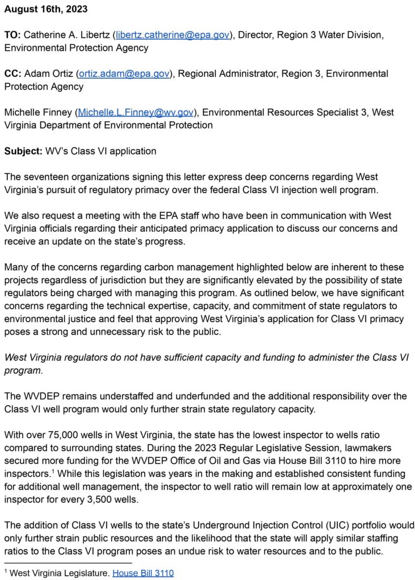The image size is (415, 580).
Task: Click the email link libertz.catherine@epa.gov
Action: pos(173,35)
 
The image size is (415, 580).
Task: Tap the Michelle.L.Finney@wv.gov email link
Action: pos(135,112)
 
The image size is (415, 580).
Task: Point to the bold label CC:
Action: pos(12,74)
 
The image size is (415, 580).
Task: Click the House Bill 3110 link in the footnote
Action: pos(143,573)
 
